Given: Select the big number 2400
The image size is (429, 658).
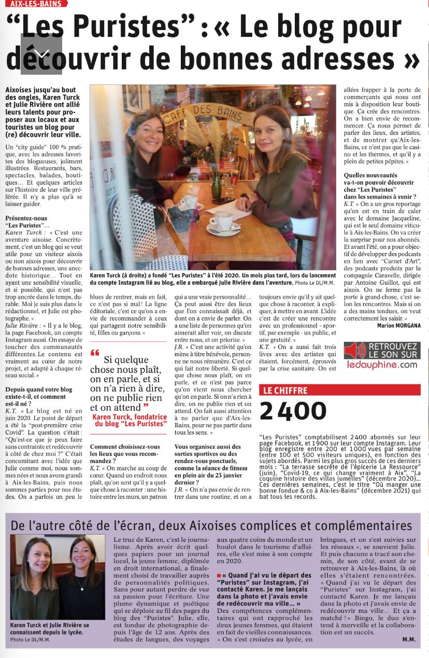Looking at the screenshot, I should [x=293, y=411].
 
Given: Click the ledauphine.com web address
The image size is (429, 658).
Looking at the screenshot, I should [x=382, y=365].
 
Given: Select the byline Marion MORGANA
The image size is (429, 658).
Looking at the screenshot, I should [x=399, y=326].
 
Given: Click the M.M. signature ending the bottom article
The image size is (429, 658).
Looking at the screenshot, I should [x=408, y=639].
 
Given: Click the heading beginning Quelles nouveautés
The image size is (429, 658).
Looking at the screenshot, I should [x=370, y=176].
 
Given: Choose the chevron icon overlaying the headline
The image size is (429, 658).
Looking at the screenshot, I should [x=41, y=54].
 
